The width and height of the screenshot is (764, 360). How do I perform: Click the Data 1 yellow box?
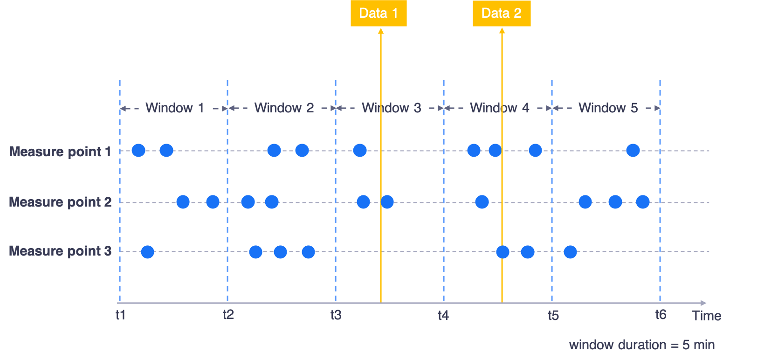[379, 13]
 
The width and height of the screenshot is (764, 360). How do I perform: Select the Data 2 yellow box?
[502, 13]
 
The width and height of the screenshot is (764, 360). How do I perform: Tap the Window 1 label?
[175, 108]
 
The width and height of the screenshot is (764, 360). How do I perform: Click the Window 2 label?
[284, 108]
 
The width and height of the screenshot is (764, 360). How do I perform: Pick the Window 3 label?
[392, 108]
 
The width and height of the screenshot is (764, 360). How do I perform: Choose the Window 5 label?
[608, 108]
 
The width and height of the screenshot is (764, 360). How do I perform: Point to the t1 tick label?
[120, 315]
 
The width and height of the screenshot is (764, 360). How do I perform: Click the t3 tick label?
[336, 315]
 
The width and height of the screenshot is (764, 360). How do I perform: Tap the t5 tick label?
[553, 316]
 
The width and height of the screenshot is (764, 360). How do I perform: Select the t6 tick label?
[661, 315]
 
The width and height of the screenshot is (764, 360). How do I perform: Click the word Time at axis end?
[707, 316]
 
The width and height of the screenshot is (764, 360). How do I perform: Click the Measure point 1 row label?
[60, 152]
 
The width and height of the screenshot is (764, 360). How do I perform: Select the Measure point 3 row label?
[60, 251]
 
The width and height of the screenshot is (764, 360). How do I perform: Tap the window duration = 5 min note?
[642, 345]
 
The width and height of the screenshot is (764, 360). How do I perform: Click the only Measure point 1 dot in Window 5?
[633, 150]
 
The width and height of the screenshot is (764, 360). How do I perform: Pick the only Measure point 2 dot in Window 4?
[482, 202]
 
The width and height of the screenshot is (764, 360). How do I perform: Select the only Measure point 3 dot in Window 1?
[147, 252]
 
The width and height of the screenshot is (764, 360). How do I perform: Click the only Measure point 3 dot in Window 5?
[570, 252]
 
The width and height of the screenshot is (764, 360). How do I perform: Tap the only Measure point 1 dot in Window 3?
[359, 150]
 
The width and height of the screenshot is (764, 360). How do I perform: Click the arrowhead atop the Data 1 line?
[381, 31]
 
